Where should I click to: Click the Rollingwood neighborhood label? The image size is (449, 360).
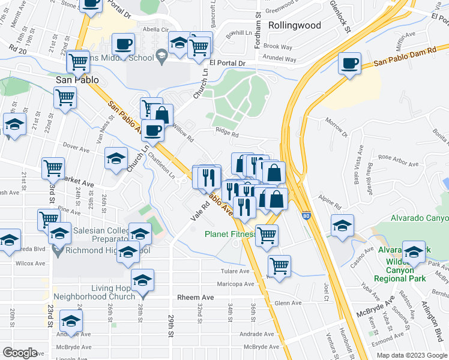(x=295, y=26)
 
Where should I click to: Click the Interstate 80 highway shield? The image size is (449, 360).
(x=307, y=215)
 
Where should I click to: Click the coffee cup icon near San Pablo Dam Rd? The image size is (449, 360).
(x=349, y=64)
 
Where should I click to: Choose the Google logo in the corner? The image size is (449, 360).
(x=20, y=353)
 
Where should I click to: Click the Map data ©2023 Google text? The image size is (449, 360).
(x=412, y=355)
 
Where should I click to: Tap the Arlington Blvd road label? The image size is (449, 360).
(x=434, y=323)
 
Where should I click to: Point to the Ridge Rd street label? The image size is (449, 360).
(x=228, y=135)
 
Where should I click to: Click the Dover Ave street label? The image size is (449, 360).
(x=76, y=146)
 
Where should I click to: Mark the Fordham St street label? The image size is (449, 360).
(x=258, y=23)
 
